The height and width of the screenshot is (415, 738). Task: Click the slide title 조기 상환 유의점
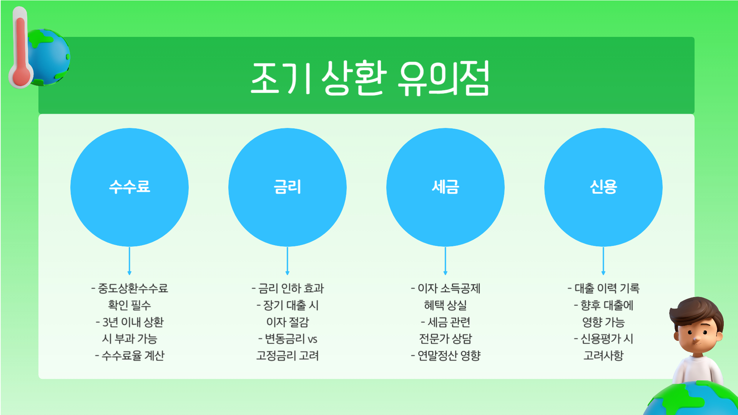coord(369,78)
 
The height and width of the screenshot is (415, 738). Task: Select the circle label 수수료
coord(130,187)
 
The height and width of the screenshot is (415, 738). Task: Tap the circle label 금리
coord(288,187)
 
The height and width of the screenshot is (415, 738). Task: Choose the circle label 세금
coord(445,187)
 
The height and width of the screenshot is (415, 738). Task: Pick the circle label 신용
coord(603,187)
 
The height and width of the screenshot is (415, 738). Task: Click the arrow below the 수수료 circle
coord(130,261)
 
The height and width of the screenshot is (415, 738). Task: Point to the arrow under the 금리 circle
coord(288,261)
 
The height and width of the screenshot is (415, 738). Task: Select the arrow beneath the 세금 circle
coord(445,261)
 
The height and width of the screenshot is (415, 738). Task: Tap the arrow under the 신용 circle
coord(603,261)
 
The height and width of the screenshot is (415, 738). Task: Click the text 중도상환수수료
coord(133,288)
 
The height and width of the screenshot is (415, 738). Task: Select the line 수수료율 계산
coord(133,355)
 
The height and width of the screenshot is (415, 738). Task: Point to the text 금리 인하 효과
coord(291,288)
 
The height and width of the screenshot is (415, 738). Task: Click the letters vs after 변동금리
coord(312,339)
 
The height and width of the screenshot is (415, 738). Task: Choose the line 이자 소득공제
coord(449,288)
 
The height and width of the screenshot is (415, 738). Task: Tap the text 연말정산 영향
coord(449,355)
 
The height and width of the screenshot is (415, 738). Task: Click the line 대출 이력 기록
coord(607,288)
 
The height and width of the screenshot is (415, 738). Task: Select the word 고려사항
coord(603,355)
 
